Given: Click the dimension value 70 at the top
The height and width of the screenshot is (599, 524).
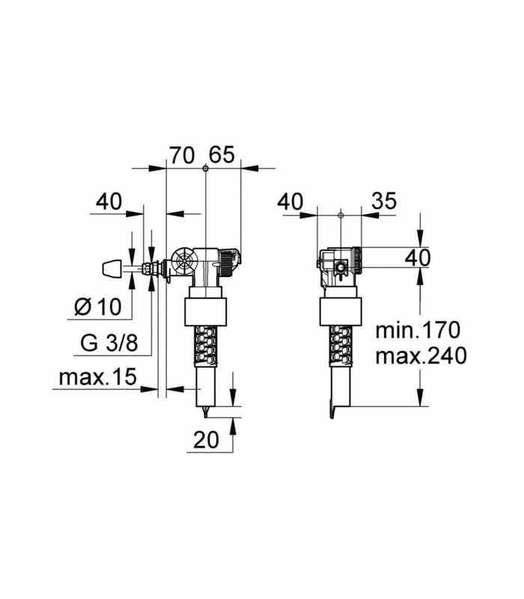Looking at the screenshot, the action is coord(182,156).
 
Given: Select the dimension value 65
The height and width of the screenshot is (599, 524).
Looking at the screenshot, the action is coord(222,155).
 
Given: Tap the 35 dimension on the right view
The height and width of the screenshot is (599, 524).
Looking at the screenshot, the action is coord(384,201).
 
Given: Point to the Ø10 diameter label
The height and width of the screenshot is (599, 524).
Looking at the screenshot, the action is coord(98,306).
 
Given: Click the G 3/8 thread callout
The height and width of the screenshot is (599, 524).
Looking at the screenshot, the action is coord(109,343).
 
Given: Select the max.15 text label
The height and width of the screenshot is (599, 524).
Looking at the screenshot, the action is coord(98,377).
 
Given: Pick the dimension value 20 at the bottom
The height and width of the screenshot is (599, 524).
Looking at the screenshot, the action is coord(207,440).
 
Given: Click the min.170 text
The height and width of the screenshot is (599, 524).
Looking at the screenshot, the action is coord(418,330).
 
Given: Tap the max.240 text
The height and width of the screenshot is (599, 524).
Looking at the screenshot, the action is coord(421,356).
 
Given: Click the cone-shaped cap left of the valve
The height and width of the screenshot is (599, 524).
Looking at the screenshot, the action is coord(112,268).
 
